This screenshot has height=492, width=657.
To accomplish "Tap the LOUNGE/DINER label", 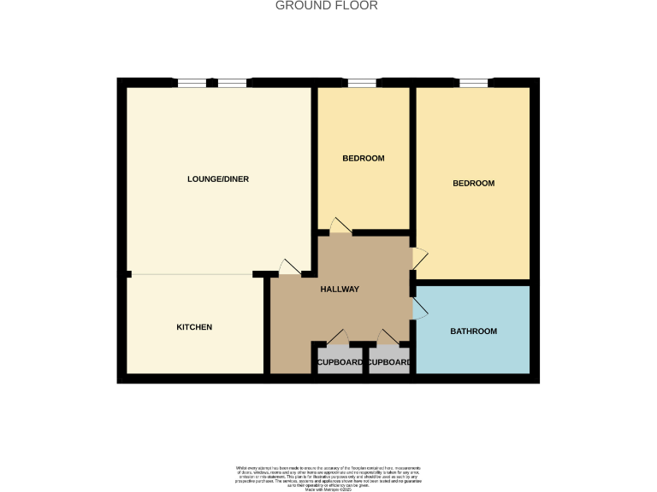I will tap(218, 179).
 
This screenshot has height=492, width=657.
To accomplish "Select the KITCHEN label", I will tap(194, 328).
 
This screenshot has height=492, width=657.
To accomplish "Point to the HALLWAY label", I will tap(340, 290).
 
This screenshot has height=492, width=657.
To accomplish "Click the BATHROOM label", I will tap(473, 331).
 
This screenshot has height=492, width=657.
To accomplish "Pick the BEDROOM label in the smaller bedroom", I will tap(364, 159).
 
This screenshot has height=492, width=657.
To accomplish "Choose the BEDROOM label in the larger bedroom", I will tap(473, 184).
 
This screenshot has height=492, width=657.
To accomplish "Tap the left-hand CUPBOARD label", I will tap(340, 362).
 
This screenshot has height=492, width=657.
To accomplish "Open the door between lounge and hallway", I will tap(289, 267).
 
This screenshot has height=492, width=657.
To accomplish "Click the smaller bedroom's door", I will tap(340, 225).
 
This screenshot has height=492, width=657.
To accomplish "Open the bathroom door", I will tap(419, 308).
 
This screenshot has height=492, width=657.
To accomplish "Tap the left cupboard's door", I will tap(340, 337).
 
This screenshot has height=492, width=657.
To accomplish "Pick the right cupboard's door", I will tap(388, 337).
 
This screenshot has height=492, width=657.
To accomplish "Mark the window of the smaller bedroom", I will tap(362, 83).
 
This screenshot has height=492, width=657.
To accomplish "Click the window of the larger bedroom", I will tap(473, 83).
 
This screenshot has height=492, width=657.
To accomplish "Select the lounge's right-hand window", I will tap(232, 83).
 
